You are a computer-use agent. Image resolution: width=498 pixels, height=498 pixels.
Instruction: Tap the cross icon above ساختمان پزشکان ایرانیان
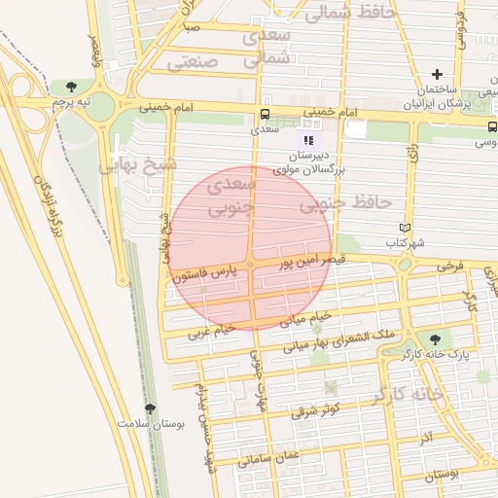click(438, 74)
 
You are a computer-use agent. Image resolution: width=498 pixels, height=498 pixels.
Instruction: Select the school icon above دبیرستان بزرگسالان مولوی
click(308, 140)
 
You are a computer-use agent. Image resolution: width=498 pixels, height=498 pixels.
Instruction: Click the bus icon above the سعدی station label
click(265, 112)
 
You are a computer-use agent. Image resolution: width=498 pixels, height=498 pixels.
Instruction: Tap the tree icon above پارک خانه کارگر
click(435, 339)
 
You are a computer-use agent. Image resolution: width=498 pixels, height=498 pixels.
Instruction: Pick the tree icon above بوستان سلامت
click(149, 409)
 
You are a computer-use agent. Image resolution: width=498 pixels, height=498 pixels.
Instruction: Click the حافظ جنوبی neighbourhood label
click(345, 204)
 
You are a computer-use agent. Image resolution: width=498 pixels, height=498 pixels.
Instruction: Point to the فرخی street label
click(448, 265)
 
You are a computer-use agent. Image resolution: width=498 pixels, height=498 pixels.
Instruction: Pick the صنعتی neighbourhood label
click(197, 63)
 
